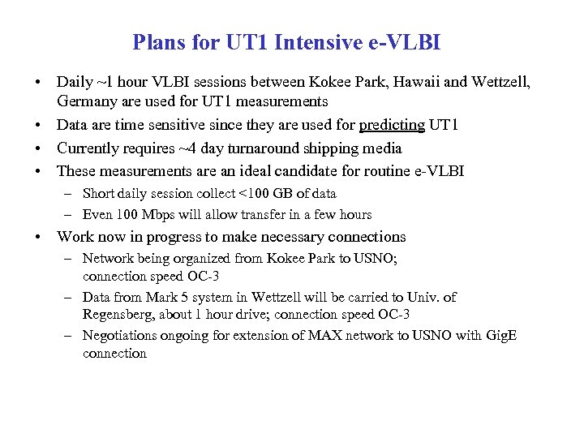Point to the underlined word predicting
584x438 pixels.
[x=392, y=125]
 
